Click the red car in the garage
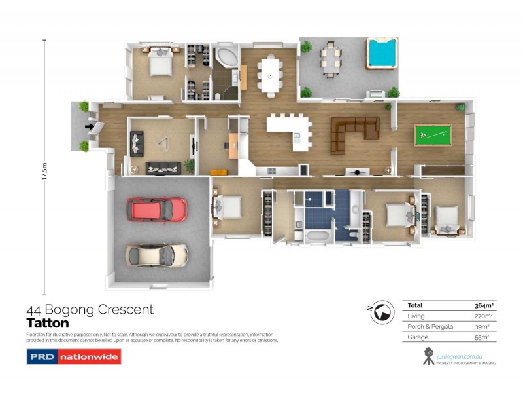(160, 210)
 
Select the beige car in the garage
(157, 254)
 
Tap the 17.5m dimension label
(44, 176)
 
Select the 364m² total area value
(483, 306)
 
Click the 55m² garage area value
(483, 337)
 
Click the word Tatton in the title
(47, 323)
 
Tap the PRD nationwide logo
(73, 358)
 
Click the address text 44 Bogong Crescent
(90, 309)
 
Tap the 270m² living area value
(483, 316)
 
